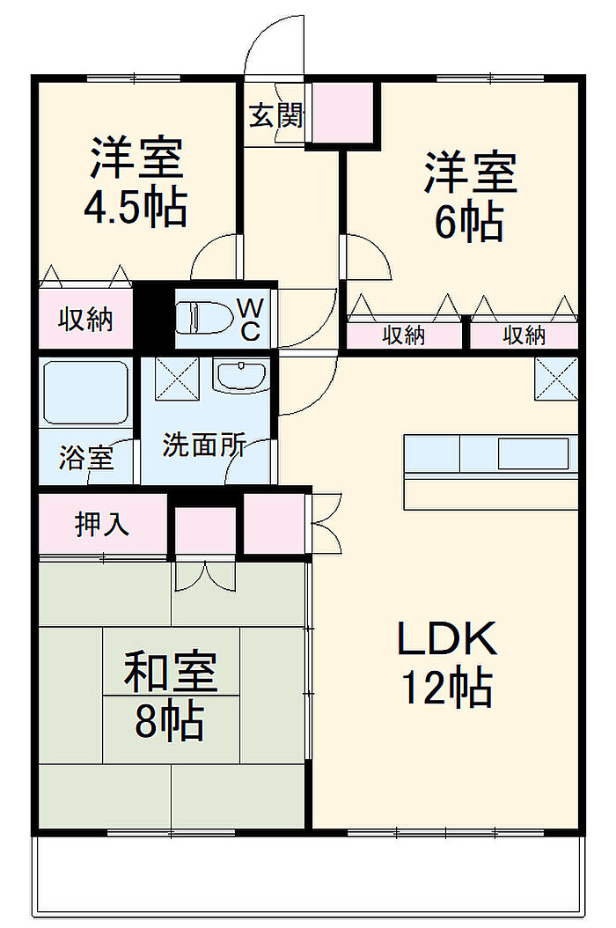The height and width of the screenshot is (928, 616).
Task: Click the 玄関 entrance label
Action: pyautogui.click(x=275, y=114)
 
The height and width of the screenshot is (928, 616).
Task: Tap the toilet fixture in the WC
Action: pyautogui.click(x=204, y=318)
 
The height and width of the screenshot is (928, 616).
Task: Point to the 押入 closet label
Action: pyautogui.click(x=102, y=525)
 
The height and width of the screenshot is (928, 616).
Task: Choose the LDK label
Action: pyautogui.click(x=447, y=639)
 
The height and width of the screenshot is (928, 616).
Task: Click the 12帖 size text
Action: pyautogui.click(x=446, y=688)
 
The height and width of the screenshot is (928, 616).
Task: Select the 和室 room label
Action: pyautogui.click(x=170, y=673)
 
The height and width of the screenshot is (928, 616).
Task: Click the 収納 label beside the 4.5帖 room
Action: pyautogui.click(x=85, y=320)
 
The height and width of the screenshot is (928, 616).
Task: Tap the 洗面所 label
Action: pyautogui.click(x=204, y=446)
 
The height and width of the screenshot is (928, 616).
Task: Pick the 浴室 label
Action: pyautogui.click(x=85, y=458)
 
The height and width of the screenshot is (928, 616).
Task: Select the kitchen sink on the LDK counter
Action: pyautogui.click(x=532, y=453)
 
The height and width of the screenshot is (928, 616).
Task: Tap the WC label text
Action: pyautogui.click(x=249, y=320)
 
